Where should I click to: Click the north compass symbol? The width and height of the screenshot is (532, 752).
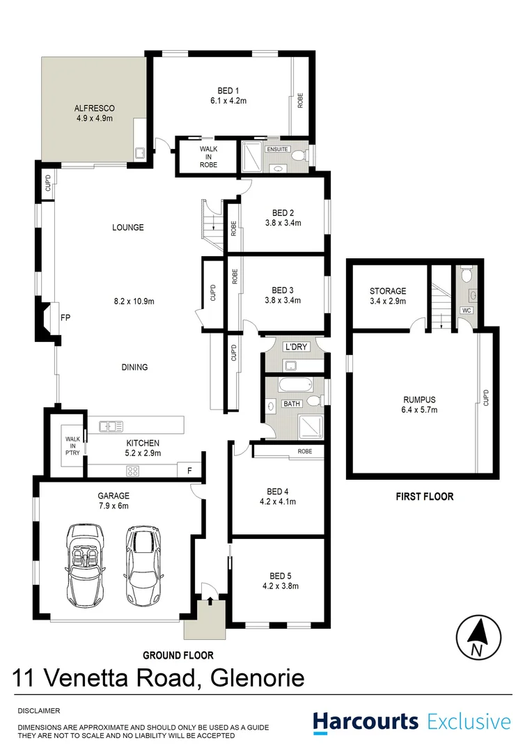coord(478,637)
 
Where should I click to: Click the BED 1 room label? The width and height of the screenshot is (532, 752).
coord(228,90)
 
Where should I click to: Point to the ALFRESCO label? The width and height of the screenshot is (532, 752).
coord(94,109)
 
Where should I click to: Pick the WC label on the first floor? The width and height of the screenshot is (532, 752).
coord(466,311)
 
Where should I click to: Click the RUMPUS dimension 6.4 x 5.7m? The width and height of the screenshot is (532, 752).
coord(419,409)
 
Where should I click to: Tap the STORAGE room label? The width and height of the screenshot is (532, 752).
coord(388,291)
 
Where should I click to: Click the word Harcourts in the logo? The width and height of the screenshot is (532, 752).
coord(366,721)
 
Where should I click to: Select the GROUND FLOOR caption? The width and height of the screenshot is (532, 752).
coord(178,655)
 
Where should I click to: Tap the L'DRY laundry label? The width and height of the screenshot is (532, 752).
coord(292,346)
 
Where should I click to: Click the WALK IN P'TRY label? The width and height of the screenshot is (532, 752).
coord(73,445)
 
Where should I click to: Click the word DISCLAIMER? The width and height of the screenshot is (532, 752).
coord(39,711)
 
